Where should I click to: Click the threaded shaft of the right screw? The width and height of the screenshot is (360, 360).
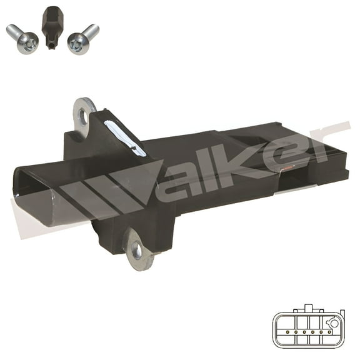click(91, 31)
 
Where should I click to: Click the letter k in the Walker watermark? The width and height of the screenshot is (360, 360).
click(244, 156)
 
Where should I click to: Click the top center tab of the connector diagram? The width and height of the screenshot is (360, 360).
click(307, 308)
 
